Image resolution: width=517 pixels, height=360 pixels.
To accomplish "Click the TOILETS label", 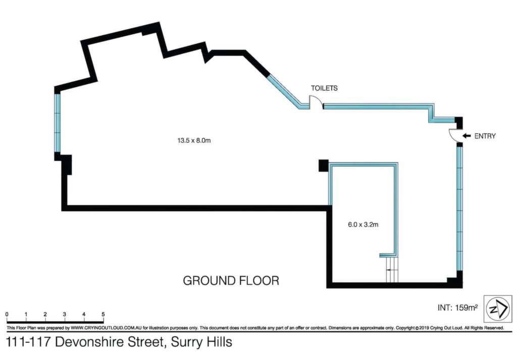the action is [x=324, y=88].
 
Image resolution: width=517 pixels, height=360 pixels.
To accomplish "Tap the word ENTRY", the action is [x=485, y=136].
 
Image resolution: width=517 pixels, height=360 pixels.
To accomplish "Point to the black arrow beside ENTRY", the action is [x=467, y=135].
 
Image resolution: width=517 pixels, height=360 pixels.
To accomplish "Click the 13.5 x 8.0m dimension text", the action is [x=194, y=140].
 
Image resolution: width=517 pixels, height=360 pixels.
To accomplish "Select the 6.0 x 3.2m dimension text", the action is [x=363, y=225].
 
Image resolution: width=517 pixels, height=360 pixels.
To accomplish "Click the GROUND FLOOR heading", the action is [x=231, y=281].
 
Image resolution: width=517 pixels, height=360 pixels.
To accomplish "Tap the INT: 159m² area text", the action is [x=457, y=307].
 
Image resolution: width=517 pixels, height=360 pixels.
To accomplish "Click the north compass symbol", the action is [x=498, y=308].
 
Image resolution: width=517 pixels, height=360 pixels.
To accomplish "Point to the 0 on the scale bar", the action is [x=7, y=315].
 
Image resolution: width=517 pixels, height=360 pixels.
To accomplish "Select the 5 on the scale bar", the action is [x=103, y=315].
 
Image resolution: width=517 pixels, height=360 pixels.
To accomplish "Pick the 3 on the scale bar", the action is [x=64, y=315].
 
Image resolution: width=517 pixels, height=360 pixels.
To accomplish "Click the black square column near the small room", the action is [x=324, y=165].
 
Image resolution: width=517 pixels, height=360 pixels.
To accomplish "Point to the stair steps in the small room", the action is [x=392, y=270].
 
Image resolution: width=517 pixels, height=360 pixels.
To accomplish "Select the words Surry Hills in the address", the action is [x=201, y=341].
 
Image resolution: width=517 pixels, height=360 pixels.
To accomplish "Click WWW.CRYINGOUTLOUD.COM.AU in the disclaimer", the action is [x=106, y=328].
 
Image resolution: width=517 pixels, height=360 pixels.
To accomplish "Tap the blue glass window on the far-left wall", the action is [x=58, y=123].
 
